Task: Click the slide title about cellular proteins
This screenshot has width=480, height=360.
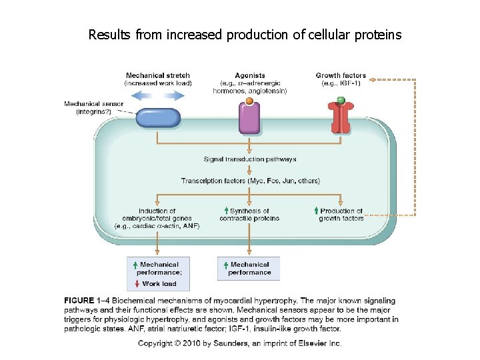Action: coord(245,34)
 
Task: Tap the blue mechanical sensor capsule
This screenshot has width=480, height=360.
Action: coord(158,118)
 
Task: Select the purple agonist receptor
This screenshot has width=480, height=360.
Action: coord(249,118)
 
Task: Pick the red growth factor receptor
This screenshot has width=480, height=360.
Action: coord(341,118)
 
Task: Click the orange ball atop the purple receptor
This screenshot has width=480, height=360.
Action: coord(249,101)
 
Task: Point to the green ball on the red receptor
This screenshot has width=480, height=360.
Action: coord(341,101)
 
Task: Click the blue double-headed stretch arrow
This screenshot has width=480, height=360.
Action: coord(157,95)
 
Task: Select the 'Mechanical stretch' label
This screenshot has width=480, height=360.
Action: coord(158,76)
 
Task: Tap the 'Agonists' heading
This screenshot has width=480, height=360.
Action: coord(250,76)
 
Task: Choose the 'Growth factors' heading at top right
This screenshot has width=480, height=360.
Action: coord(341,76)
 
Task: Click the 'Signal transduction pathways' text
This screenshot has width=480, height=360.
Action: coord(250,159)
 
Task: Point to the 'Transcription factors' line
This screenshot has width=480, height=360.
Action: coord(250,181)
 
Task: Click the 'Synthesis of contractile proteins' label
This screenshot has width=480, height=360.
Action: coord(250,215)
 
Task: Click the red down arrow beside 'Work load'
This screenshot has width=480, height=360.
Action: coord(137,283)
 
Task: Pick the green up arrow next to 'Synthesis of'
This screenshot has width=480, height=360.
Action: coord(226,211)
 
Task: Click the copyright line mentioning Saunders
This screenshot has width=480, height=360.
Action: coord(239,343)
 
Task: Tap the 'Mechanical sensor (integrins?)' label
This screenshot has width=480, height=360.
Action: coord(93,107)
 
